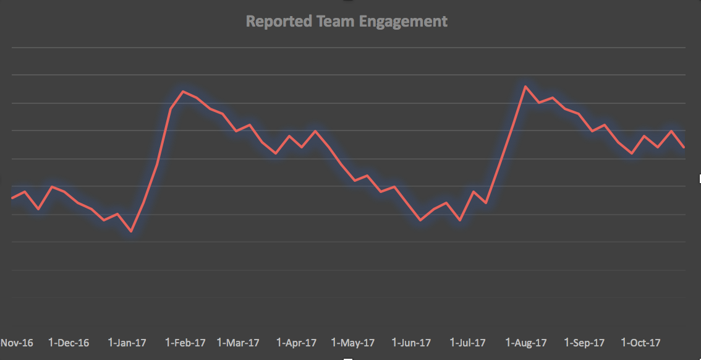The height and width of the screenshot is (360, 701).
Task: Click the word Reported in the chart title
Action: click(x=271, y=22)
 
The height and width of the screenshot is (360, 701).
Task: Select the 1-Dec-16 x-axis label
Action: click(x=69, y=343)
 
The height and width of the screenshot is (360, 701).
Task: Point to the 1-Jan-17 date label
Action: click(x=127, y=343)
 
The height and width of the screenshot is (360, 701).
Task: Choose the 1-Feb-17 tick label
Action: click(x=185, y=343)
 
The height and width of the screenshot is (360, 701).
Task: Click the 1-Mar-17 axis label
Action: click(x=239, y=343)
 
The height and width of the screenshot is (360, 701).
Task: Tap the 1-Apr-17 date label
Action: click(x=296, y=343)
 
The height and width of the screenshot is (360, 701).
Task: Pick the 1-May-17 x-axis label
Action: click(x=353, y=343)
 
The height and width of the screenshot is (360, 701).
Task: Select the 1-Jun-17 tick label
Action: click(x=412, y=343)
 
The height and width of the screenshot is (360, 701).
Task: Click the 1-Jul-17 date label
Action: click(x=467, y=343)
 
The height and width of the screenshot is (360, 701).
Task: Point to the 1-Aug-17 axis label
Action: click(x=526, y=343)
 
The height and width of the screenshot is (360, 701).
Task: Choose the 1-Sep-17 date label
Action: click(x=584, y=343)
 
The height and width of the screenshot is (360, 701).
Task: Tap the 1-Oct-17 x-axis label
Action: click(x=641, y=343)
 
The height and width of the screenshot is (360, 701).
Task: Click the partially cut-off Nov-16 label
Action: click(x=17, y=343)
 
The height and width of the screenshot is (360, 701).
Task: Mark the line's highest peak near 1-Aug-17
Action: click(x=525, y=87)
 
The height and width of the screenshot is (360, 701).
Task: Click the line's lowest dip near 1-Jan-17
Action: click(x=131, y=231)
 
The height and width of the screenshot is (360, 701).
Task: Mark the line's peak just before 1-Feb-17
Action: click(x=183, y=92)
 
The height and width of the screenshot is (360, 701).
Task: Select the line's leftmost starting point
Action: click(x=12, y=198)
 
